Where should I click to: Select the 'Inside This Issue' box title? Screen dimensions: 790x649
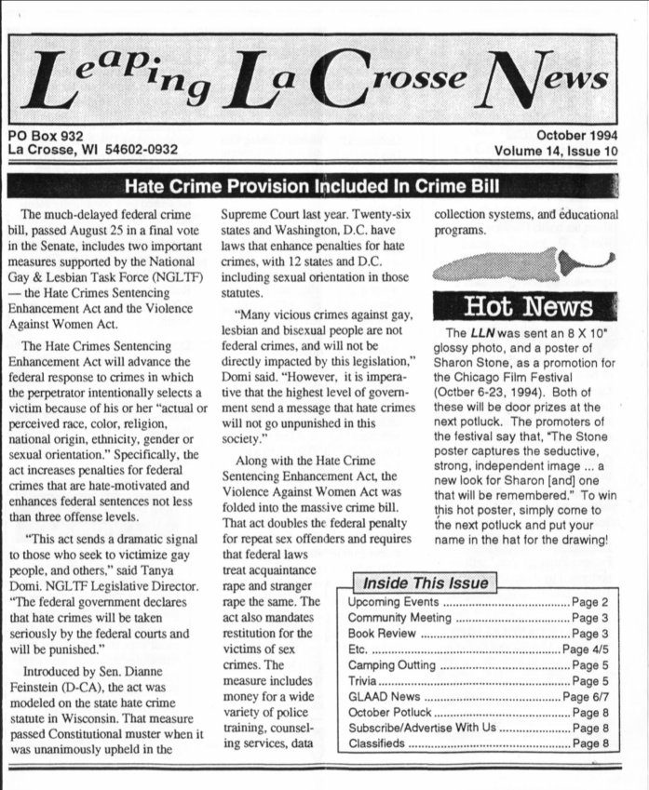coord(426,583)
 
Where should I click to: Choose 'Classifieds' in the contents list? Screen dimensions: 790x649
coord(377,743)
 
